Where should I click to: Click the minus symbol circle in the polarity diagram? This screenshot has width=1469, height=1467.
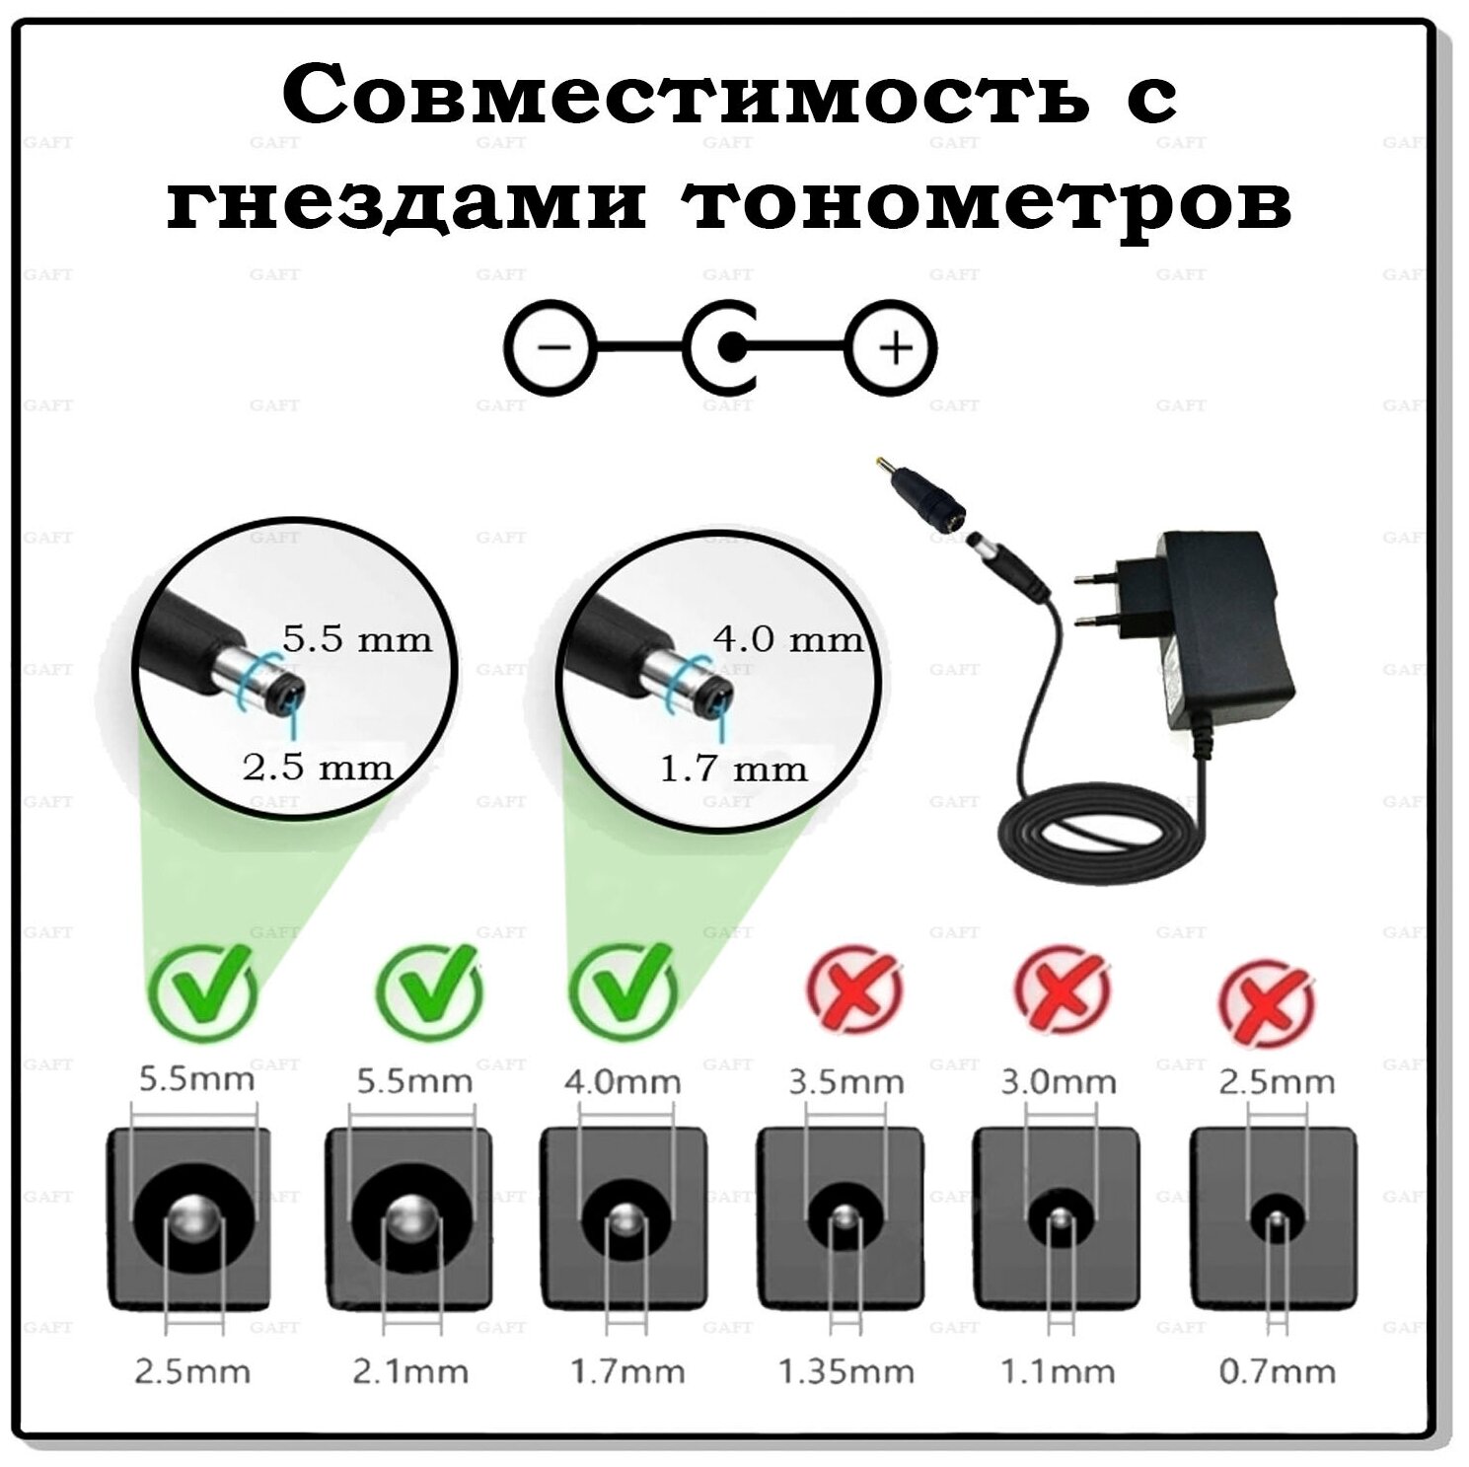tap(552, 347)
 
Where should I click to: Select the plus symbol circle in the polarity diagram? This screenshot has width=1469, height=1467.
tap(895, 347)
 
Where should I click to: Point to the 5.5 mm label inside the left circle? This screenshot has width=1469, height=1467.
tap(357, 640)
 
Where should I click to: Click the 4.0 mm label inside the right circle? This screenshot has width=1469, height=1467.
tap(787, 639)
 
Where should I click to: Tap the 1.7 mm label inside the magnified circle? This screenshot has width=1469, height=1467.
tap(733, 769)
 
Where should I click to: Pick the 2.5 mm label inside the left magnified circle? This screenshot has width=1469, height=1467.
tap(317, 768)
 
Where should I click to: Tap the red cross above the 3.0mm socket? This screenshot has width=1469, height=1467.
tap(1062, 990)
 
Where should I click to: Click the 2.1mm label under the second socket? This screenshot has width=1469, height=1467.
tap(409, 1371)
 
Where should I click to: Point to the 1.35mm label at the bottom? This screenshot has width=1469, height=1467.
tap(845, 1371)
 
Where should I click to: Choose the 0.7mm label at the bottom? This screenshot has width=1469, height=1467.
tap(1277, 1371)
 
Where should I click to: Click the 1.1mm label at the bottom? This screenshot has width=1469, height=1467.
tap(1058, 1371)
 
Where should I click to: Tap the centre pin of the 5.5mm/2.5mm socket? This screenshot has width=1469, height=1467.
tap(194, 1221)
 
